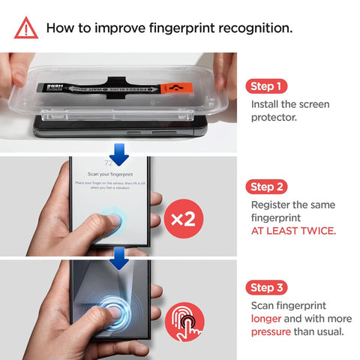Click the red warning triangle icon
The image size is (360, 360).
coord(25,28)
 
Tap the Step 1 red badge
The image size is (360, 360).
coord(267,86)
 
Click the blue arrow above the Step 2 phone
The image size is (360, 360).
coord(118,154)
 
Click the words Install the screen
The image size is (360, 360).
coord(289,104)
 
